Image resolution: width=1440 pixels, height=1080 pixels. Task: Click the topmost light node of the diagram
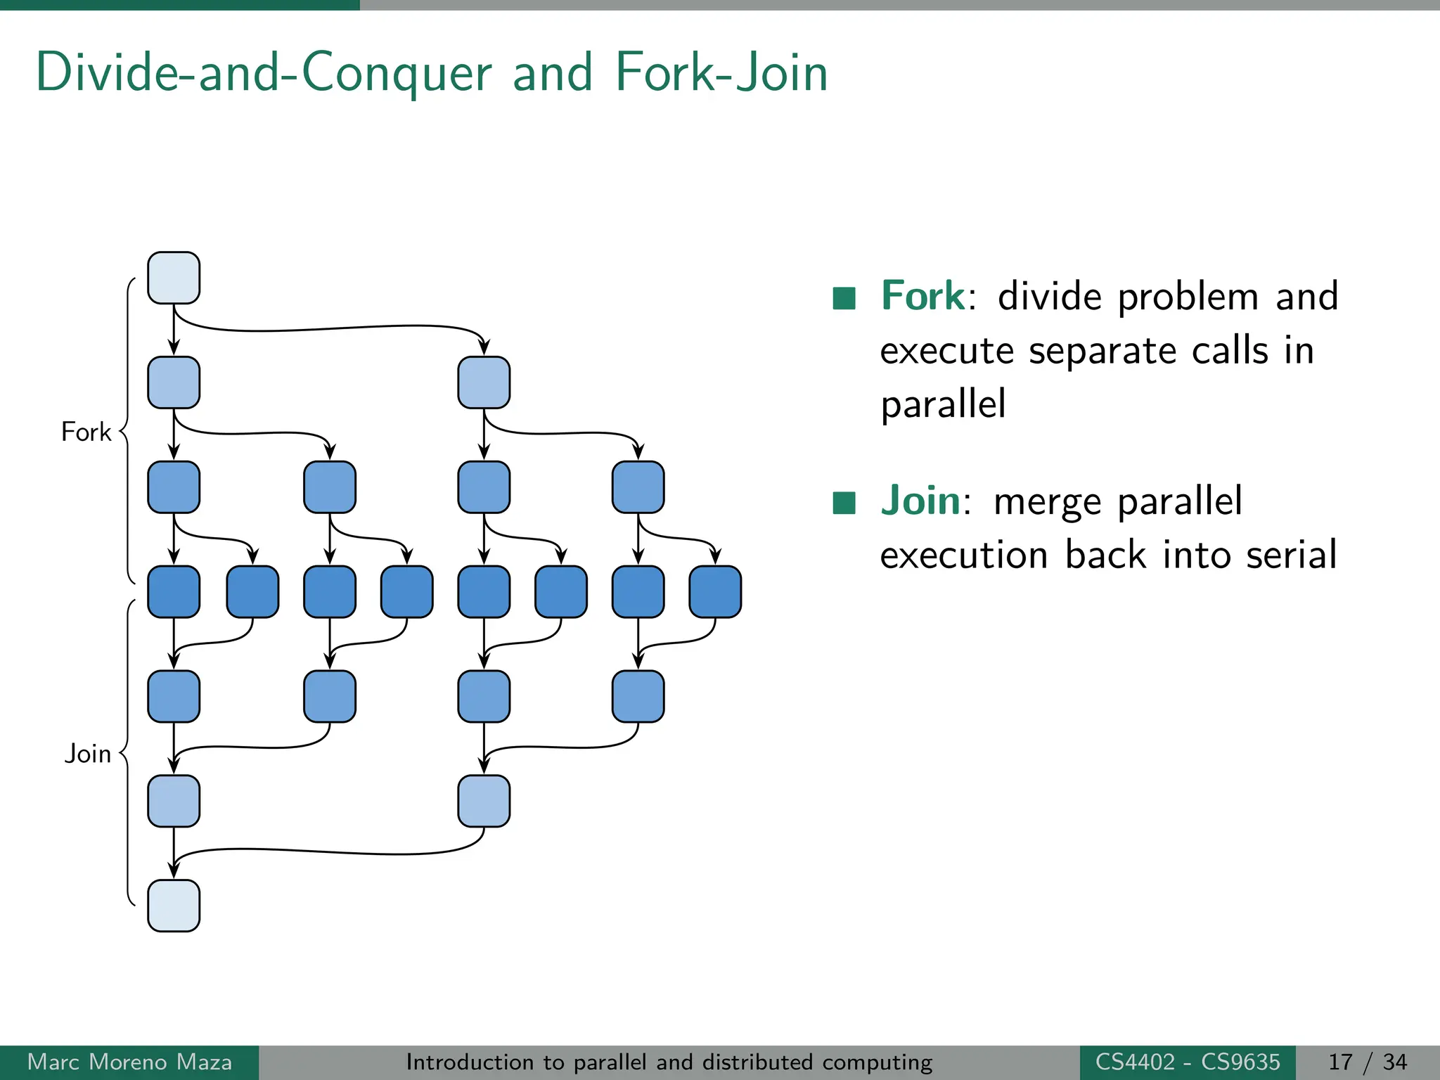pos(174,278)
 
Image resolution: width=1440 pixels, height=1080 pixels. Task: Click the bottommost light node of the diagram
pos(174,906)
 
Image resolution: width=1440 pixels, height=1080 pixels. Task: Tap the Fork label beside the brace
pos(86,432)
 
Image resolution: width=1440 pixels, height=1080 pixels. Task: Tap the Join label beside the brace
pos(88,754)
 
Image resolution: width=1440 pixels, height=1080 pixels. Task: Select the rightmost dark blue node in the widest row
pos(715,592)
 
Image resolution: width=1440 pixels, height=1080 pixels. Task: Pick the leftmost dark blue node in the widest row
pos(174,592)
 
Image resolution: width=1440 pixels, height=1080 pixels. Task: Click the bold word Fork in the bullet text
pos(923,296)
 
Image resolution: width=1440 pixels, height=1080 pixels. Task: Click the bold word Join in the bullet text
pos(920,501)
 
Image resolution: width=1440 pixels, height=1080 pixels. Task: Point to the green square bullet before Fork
pos(844,298)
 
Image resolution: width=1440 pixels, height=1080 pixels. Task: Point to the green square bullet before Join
pos(844,503)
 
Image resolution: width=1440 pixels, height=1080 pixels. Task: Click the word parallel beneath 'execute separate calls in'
pos(943,404)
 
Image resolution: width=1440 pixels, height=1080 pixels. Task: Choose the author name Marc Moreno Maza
pos(129,1062)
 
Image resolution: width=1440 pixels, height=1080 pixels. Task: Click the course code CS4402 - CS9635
pos(1188,1062)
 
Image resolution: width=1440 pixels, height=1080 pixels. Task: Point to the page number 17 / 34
pos(1368,1062)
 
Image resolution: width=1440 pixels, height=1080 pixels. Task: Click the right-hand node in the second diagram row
pos(484,382)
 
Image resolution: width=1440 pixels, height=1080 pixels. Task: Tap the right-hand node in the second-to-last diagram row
pos(484,801)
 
